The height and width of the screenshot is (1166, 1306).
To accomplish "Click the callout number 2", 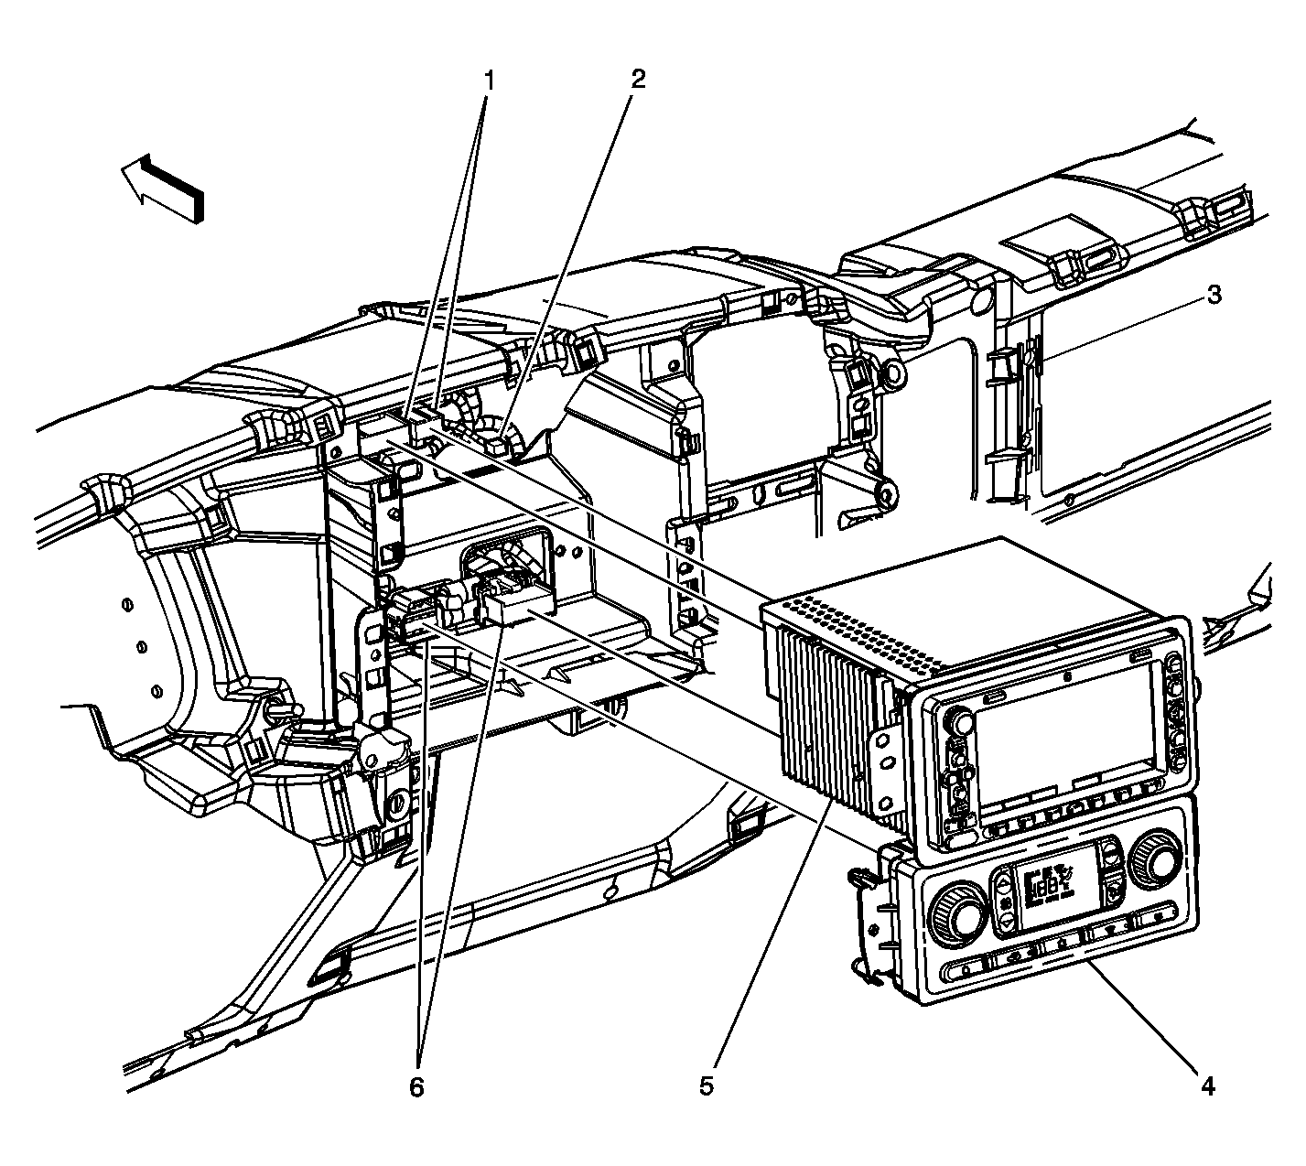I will pyautogui.click(x=637, y=79).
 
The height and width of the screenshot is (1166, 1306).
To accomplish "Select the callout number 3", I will pyautogui.click(x=1213, y=295).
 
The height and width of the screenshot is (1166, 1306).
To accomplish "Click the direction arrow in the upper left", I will pyautogui.click(x=165, y=187).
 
